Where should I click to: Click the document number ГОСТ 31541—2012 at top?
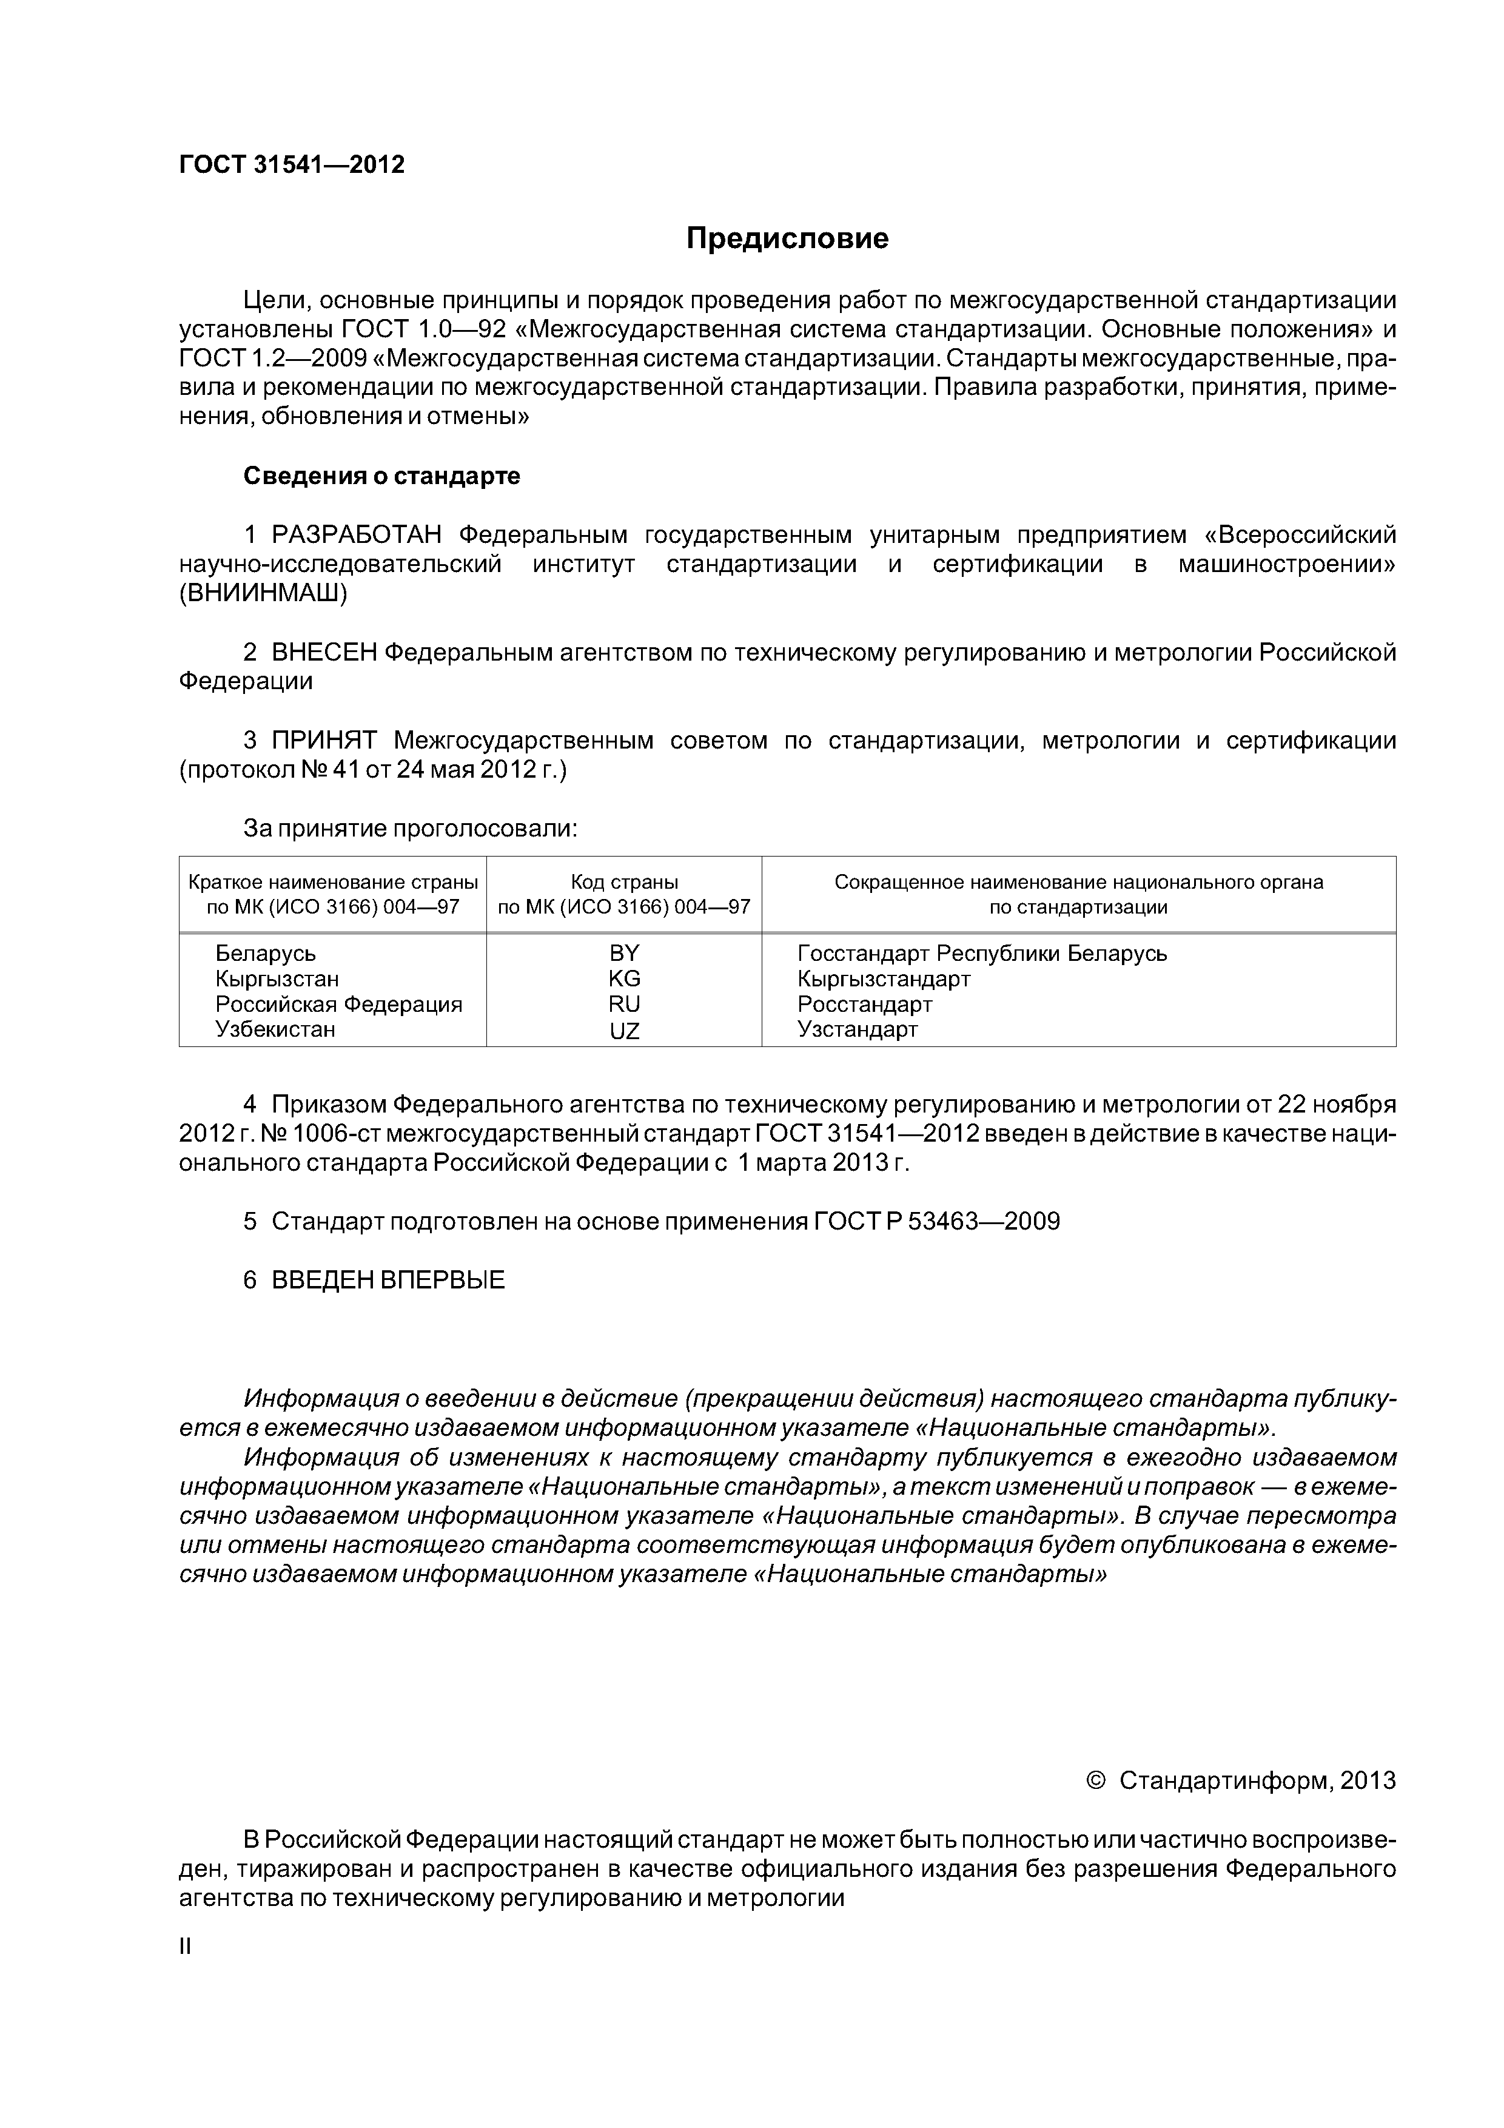click(x=291, y=165)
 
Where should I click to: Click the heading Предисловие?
click(x=787, y=238)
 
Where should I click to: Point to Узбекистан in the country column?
click(x=275, y=1029)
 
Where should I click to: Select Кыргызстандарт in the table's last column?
click(x=883, y=978)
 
